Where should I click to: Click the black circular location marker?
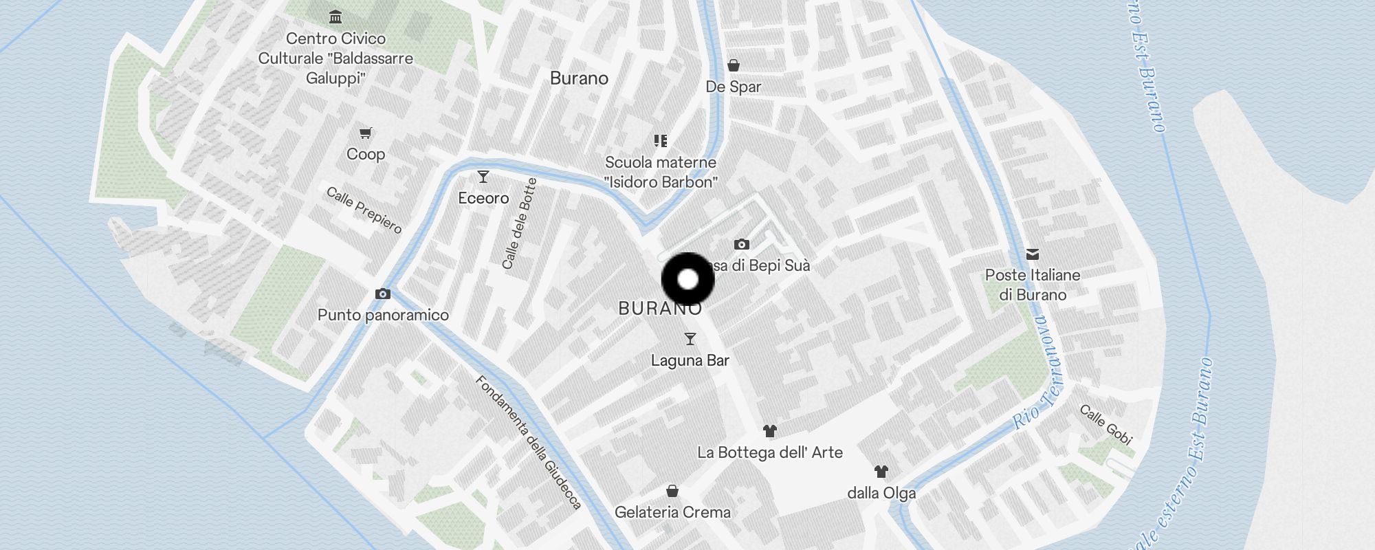(687, 279)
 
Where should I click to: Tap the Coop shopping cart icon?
(366, 133)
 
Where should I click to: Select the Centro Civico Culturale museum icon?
(335, 16)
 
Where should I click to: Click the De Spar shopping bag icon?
(734, 65)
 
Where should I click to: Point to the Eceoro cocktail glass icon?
(483, 177)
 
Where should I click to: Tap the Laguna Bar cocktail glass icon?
(690, 339)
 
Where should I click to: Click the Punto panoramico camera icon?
(383, 294)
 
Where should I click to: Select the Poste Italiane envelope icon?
(1033, 254)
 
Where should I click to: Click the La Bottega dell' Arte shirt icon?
(770, 431)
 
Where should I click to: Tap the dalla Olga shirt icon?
(881, 472)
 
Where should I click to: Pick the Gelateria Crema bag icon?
(672, 491)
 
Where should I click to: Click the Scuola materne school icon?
(661, 141)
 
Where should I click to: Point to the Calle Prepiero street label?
(364, 210)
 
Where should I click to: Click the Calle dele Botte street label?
(519, 223)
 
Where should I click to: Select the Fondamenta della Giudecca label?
(528, 442)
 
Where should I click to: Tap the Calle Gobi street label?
(1105, 424)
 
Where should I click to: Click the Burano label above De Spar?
(579, 78)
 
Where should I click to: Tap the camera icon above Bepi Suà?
(741, 244)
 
